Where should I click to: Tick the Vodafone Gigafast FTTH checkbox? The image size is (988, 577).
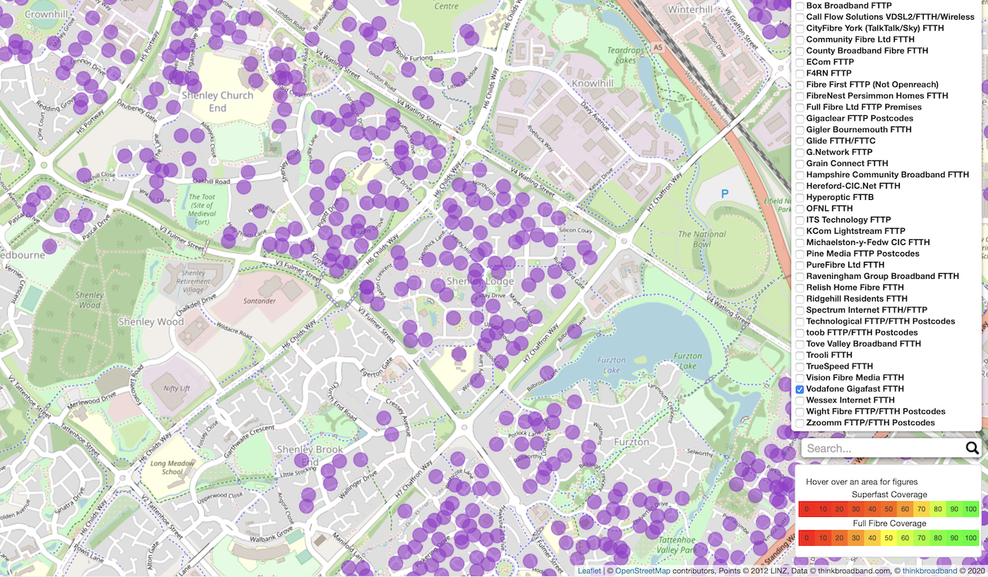click(x=800, y=389)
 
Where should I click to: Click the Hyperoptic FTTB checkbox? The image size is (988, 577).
click(x=800, y=197)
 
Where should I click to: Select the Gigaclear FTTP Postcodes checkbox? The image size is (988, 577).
click(x=800, y=119)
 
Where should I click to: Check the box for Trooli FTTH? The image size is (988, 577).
click(x=800, y=355)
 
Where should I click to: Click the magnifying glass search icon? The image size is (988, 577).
click(x=972, y=448)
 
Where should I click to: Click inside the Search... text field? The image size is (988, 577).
click(x=882, y=448)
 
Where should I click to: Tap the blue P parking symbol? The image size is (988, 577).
click(x=724, y=193)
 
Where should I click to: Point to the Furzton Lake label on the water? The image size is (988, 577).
click(x=611, y=364)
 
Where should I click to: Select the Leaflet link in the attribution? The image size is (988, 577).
click(x=589, y=571)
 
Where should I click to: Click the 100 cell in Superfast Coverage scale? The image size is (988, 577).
click(x=970, y=509)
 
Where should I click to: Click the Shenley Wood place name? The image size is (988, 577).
click(x=151, y=322)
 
